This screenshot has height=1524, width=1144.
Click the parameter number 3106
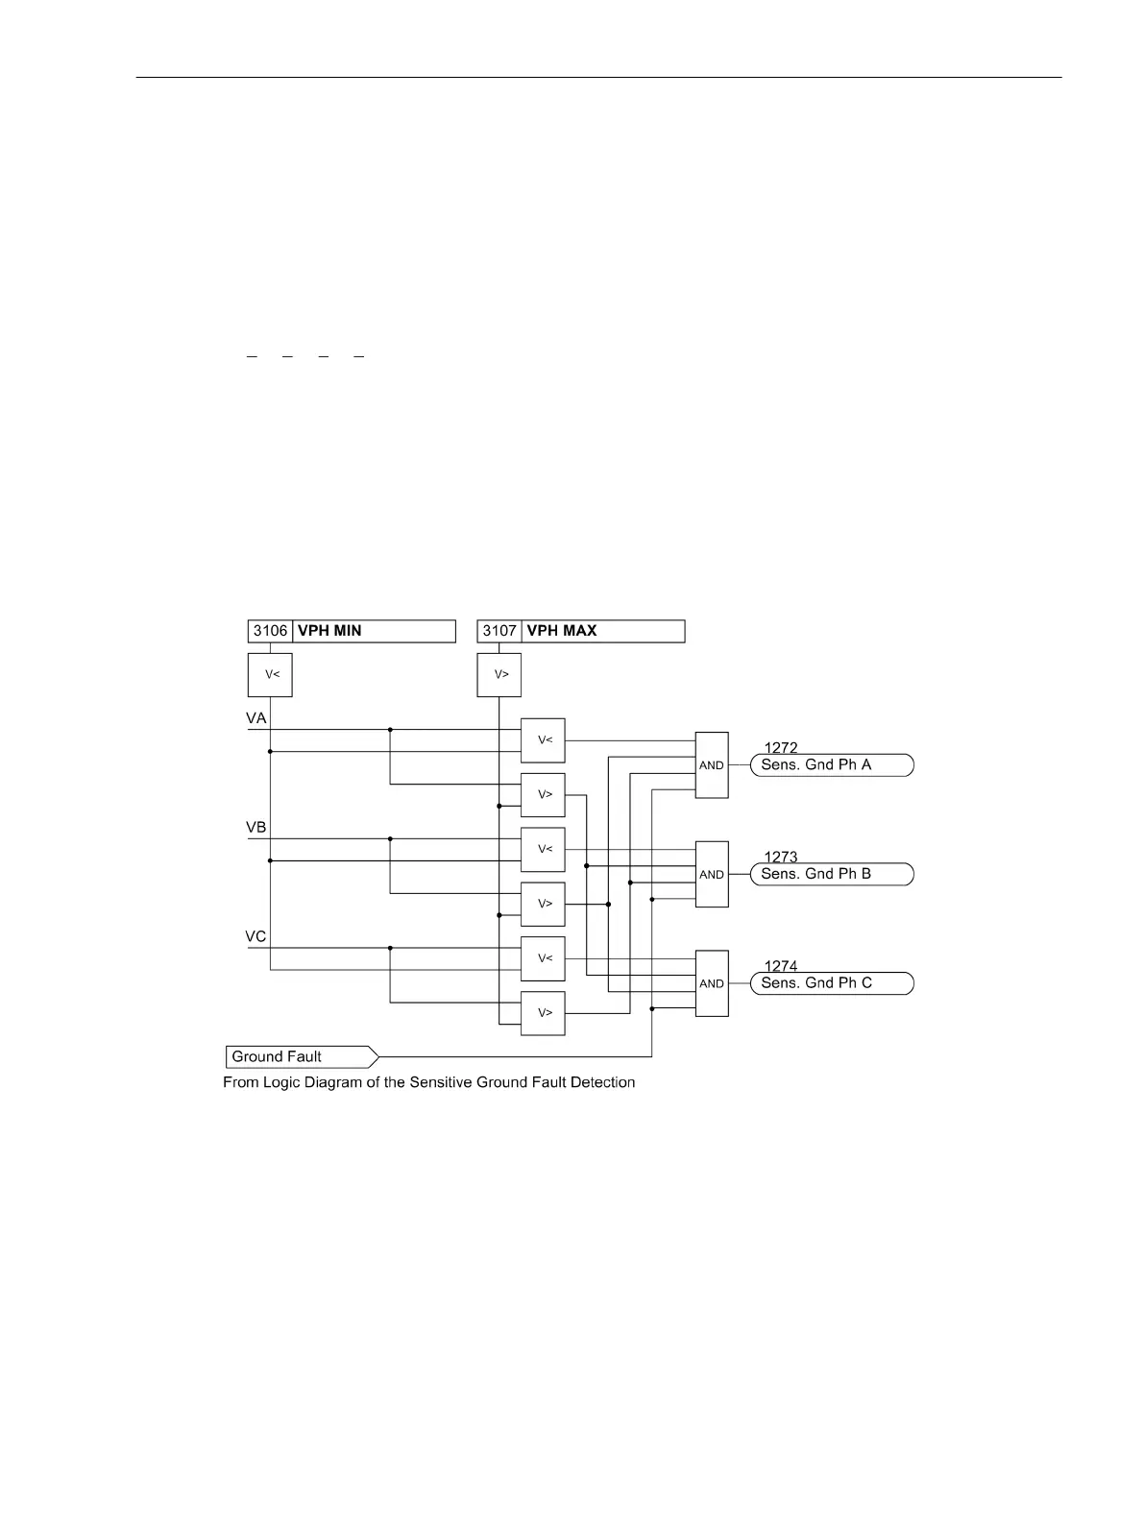point(270,631)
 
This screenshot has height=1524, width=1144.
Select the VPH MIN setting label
point(329,631)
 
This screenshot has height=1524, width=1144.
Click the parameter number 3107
point(499,631)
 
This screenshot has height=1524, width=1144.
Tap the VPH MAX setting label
point(562,631)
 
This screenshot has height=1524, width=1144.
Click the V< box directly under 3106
point(270,674)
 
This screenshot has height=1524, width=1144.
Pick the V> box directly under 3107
point(499,674)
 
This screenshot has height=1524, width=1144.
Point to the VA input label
point(256,718)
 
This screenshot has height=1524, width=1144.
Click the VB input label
point(256,828)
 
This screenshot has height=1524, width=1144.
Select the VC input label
point(256,937)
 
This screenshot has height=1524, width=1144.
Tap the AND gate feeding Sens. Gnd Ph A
point(712,765)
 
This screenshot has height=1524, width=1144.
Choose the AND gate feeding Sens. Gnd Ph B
point(712,875)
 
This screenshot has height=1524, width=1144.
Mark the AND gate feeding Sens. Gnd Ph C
point(712,983)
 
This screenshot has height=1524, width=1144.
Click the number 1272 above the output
point(781,748)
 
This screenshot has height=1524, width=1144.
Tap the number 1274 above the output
point(781,966)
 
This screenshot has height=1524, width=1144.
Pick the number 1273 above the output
point(781,858)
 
